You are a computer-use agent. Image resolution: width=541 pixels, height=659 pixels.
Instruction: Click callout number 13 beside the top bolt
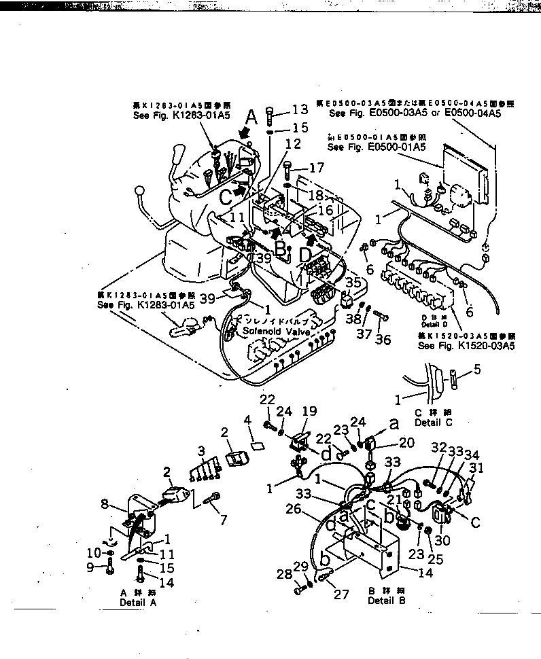click(x=300, y=110)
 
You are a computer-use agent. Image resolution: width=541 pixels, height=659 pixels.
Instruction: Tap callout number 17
click(x=317, y=167)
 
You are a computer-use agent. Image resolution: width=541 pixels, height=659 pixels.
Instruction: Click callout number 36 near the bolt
click(x=383, y=339)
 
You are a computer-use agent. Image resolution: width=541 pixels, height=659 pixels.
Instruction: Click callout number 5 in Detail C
click(x=477, y=370)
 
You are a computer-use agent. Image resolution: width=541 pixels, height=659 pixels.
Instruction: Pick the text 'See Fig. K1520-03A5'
click(x=466, y=346)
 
